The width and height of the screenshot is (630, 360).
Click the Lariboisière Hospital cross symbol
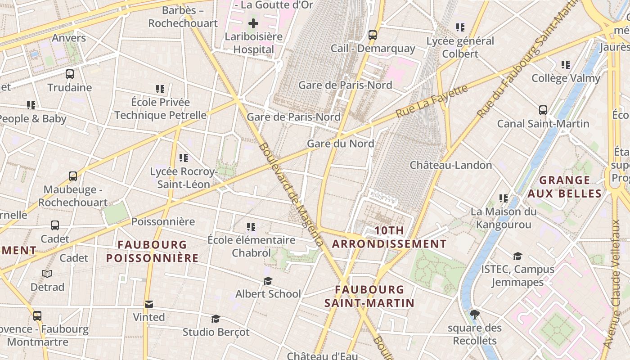[253, 23]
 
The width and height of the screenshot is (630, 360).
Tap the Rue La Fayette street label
[432, 101]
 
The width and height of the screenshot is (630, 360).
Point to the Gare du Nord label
[341, 144]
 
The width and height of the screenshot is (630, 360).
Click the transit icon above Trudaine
[70, 74]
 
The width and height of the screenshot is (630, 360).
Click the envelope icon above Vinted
[149, 305]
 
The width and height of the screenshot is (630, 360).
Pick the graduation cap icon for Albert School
[268, 281]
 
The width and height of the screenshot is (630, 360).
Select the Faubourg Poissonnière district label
[152, 251]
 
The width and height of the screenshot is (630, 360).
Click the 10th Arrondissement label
[389, 237]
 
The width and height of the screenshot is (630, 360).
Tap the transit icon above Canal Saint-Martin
[543, 110]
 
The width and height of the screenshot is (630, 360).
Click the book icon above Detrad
[47, 274]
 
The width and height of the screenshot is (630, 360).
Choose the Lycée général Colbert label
[460, 47]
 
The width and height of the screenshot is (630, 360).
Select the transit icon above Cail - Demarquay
[373, 35]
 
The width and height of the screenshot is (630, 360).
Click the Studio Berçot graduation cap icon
[216, 319]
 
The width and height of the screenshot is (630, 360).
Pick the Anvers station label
[69, 38]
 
